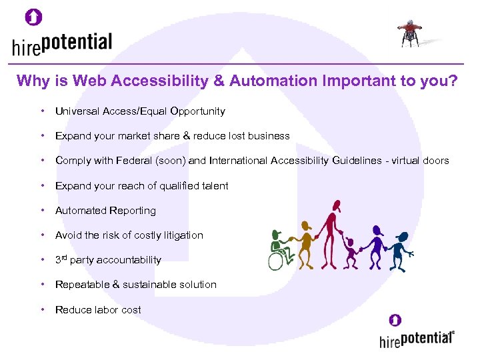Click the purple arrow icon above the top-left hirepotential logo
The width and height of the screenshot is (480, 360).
pos(33,17)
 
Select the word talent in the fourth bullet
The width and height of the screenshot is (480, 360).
pos(214,186)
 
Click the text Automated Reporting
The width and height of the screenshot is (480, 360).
pos(105,211)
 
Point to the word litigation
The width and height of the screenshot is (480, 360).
pos(180,235)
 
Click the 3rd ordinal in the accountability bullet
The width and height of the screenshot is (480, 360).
pos(61,259)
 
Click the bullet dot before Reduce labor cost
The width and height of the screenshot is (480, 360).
pos(42,309)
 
